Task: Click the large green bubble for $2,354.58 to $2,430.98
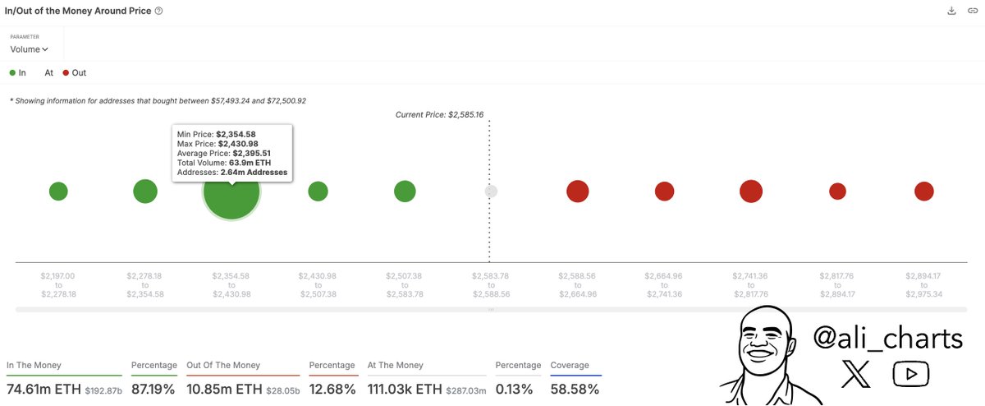[x=231, y=191]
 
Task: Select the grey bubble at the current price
[x=491, y=191]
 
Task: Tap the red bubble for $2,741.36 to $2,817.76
[x=750, y=191]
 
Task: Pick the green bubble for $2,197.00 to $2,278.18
[x=58, y=191]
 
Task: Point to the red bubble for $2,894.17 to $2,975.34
[x=924, y=191]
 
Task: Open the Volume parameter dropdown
[x=30, y=49]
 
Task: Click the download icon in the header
[x=951, y=11]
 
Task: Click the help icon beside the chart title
[x=158, y=11]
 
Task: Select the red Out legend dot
[x=66, y=73]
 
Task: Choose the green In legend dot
[x=12, y=73]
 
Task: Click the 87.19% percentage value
[x=153, y=388]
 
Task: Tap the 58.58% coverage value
[x=575, y=388]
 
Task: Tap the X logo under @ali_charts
[x=856, y=375]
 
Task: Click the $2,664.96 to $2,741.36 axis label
[x=664, y=284]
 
